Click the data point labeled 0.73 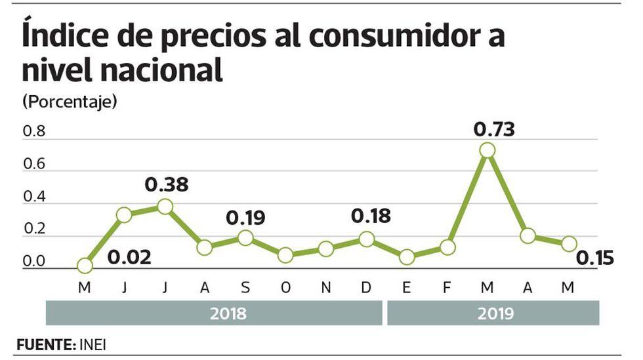pos(487,150)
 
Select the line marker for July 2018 pos(165,207)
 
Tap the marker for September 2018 pos(245,237)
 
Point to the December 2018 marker pos(366,239)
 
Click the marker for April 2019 pos(528,236)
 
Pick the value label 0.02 pos(129,256)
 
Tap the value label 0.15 pos(595,258)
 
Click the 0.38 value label pos(167,185)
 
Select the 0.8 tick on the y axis pos(34,132)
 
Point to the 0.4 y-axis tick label pos(34,197)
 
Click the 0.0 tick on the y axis pos(34,262)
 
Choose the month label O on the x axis pos(285,289)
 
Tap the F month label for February pos(447,289)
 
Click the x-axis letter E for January pos(407,289)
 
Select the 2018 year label pos(228,313)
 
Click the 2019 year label pos(496,313)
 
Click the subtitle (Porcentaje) pos(70,102)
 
